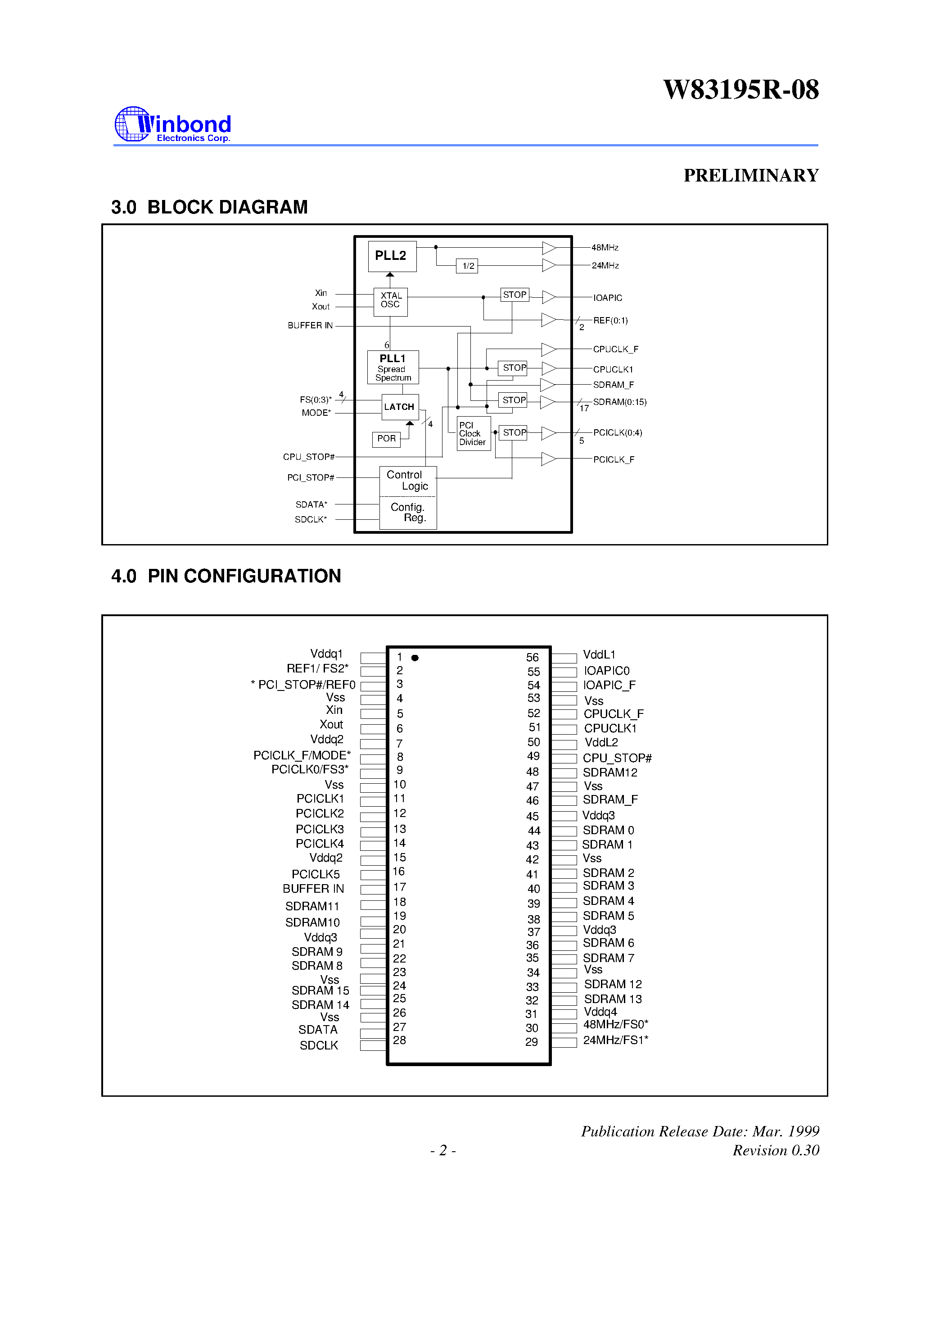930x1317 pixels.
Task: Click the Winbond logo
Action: click(x=172, y=124)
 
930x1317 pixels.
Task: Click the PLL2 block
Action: click(x=392, y=256)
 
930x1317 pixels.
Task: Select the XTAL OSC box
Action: click(x=390, y=301)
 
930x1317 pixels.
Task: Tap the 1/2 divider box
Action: click(x=467, y=266)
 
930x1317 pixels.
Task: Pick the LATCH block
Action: click(x=400, y=407)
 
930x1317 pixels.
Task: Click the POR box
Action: click(x=386, y=439)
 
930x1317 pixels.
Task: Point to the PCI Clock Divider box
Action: click(x=473, y=434)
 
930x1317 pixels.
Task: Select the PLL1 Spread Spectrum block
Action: click(x=393, y=367)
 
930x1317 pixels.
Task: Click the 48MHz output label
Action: click(x=605, y=248)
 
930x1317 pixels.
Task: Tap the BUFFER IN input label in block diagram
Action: click(x=310, y=325)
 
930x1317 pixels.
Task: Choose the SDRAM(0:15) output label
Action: click(x=620, y=402)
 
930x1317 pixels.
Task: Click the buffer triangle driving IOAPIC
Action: click(x=549, y=297)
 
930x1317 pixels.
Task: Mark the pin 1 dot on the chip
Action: click(x=415, y=658)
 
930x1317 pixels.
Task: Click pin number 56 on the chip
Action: click(x=532, y=657)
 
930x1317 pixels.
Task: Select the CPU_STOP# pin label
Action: click(x=617, y=758)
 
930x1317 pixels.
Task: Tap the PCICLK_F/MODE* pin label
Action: click(x=302, y=755)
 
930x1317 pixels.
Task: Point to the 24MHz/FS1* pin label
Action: click(x=616, y=1040)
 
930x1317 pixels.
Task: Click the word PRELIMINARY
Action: click(x=751, y=176)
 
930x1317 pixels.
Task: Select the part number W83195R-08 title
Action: click(x=741, y=90)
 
